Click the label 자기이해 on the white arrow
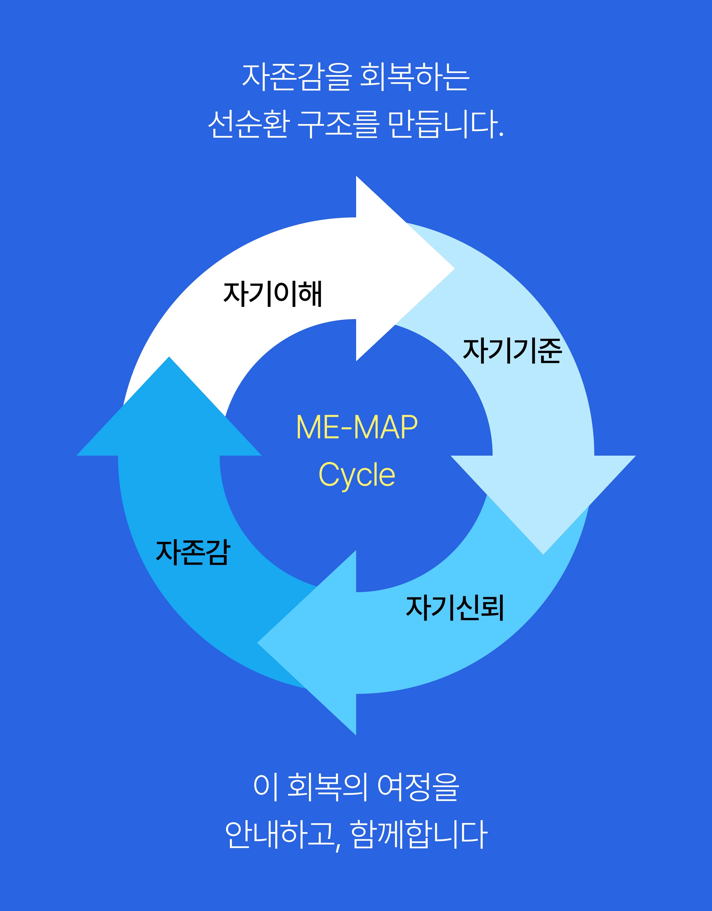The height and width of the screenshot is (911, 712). (x=273, y=294)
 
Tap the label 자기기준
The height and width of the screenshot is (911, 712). (x=512, y=351)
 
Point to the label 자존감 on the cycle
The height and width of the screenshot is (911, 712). (x=193, y=552)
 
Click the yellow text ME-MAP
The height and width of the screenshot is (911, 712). (x=357, y=427)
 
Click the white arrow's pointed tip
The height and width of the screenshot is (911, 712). (x=454, y=269)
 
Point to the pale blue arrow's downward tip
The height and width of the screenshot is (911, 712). (x=543, y=554)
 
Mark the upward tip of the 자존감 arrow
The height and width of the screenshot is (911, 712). (x=169, y=357)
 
